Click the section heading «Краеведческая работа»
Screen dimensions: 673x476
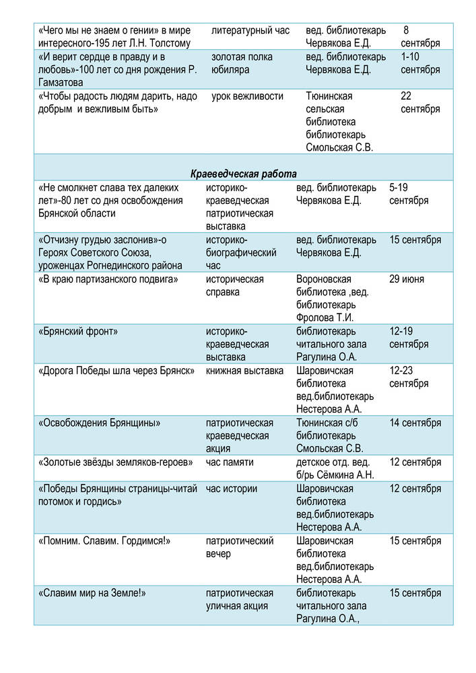pos(244,174)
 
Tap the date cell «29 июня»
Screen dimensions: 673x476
pos(407,279)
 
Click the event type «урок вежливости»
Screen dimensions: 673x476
pos(247,96)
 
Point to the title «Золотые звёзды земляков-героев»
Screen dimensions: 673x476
pos(116,462)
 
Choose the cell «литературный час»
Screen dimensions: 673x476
pos(250,31)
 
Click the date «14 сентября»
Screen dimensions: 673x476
pos(415,423)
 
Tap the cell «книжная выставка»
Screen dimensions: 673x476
pos(244,371)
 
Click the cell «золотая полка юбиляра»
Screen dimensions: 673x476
pos(242,63)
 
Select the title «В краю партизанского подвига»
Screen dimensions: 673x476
pos(108,279)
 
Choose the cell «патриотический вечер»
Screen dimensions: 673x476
pos(239,547)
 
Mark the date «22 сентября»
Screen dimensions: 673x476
pos(420,102)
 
